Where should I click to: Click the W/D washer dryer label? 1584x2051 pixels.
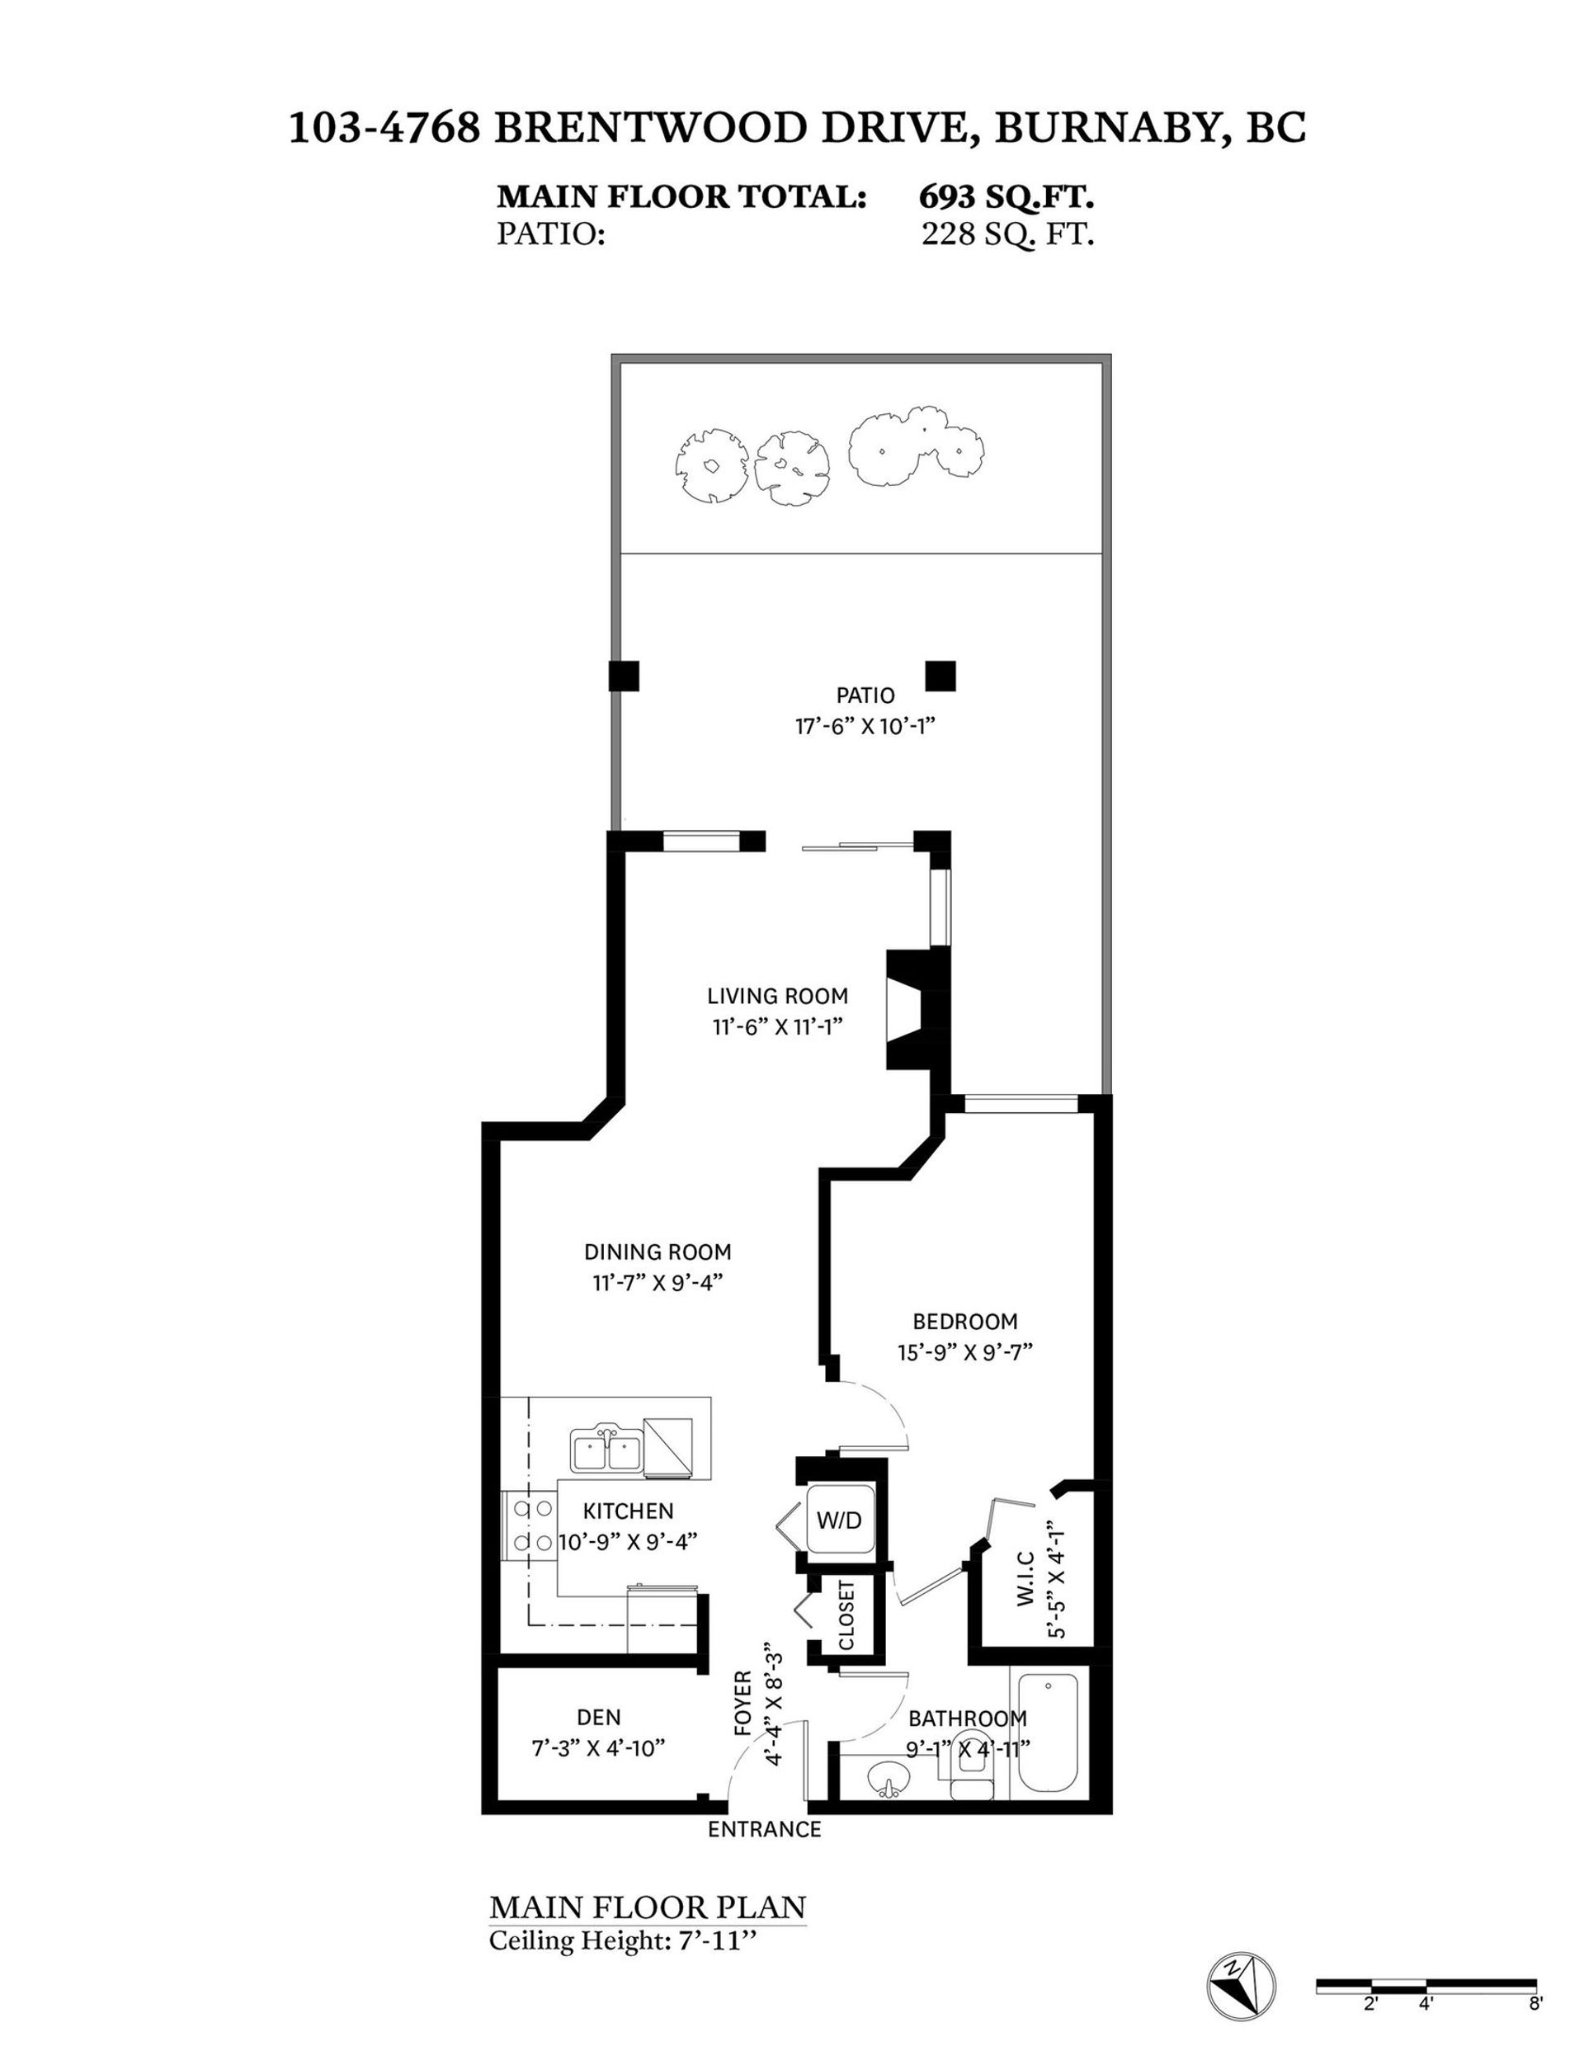838,1520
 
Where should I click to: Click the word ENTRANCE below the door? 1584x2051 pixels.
764,1828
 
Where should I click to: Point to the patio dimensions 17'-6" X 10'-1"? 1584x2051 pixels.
865,726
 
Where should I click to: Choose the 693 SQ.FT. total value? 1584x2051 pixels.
1006,197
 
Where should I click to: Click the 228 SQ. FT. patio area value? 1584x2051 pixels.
1007,233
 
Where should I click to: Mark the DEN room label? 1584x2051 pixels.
599,1717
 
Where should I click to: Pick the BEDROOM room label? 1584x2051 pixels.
965,1322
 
